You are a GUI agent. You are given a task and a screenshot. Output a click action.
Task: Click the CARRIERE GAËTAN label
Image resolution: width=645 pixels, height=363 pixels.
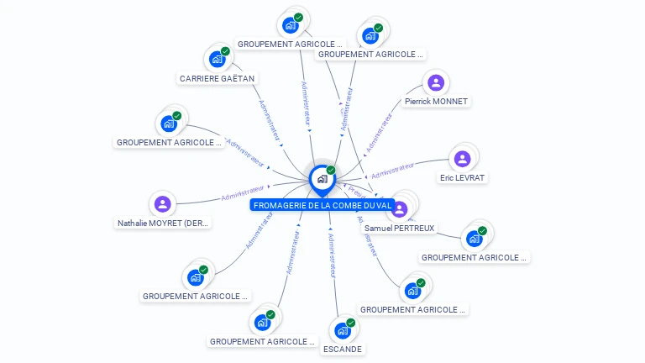click(217, 78)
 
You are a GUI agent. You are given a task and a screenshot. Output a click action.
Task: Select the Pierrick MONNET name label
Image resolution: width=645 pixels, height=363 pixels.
click(436, 101)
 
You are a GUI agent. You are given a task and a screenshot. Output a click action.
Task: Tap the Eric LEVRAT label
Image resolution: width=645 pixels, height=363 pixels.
click(462, 177)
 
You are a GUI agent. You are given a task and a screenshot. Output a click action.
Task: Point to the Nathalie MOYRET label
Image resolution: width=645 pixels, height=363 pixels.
click(163, 223)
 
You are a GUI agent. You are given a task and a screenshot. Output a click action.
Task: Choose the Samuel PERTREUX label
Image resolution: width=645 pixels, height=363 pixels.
click(400, 228)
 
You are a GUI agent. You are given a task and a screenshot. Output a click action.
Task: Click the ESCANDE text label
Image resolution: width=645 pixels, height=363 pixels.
click(343, 349)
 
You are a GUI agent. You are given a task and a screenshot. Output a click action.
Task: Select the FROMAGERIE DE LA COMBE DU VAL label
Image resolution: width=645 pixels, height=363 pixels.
click(322, 205)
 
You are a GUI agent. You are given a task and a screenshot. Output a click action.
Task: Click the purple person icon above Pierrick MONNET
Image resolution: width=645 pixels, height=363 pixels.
click(435, 82)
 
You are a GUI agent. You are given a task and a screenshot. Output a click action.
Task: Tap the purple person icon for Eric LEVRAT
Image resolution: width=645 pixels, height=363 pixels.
click(462, 159)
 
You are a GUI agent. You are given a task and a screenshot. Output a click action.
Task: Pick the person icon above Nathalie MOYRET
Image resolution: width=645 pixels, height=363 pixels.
click(163, 203)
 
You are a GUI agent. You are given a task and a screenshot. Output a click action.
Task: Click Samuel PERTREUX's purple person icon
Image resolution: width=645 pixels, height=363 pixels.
click(400, 209)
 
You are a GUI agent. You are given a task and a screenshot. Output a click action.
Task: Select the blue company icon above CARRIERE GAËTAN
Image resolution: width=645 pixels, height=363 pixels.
click(217, 60)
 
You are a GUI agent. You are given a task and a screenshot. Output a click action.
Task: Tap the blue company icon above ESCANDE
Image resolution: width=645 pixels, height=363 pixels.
click(342, 330)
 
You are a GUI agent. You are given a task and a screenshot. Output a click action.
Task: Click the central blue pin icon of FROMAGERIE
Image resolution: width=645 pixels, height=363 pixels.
click(322, 179)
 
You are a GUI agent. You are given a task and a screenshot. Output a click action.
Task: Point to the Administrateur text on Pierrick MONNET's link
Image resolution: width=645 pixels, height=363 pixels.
click(380, 130)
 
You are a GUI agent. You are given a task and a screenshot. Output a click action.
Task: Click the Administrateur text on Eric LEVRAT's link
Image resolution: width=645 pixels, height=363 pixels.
click(393, 170)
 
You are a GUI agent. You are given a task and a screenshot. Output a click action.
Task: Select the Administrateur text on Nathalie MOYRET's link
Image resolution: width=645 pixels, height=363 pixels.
click(243, 193)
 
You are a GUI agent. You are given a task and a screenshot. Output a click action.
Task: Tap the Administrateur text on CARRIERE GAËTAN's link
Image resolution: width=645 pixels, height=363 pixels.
click(270, 120)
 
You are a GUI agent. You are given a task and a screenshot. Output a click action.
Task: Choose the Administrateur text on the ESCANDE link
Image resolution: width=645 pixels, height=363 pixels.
click(333, 255)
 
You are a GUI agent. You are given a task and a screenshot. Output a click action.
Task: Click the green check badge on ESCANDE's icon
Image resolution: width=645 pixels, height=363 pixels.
click(351, 323)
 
